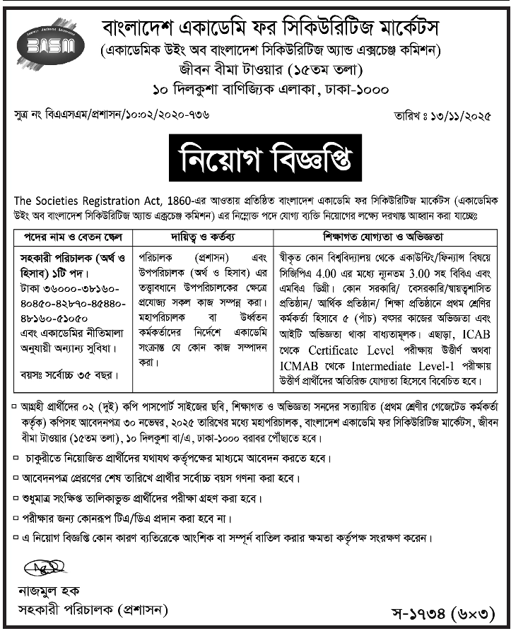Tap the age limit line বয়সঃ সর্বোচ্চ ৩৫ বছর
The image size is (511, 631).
[x=69, y=373]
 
